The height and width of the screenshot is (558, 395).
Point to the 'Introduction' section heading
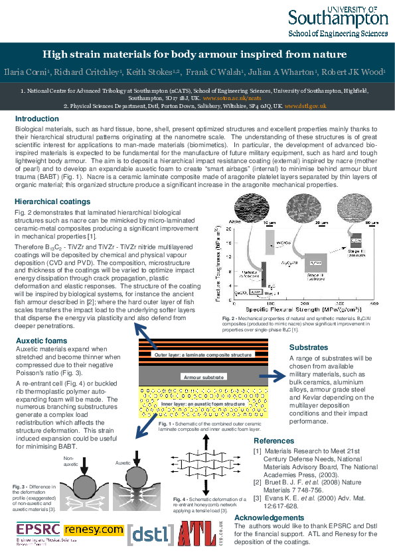tap(37, 119)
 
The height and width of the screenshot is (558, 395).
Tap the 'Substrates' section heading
tap(308, 347)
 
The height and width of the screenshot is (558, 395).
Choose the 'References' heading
tap(277, 441)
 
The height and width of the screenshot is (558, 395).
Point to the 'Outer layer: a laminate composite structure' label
tap(203, 356)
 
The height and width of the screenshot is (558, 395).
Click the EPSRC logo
tap(37, 530)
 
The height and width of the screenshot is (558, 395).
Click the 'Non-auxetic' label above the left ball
tap(70, 459)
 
